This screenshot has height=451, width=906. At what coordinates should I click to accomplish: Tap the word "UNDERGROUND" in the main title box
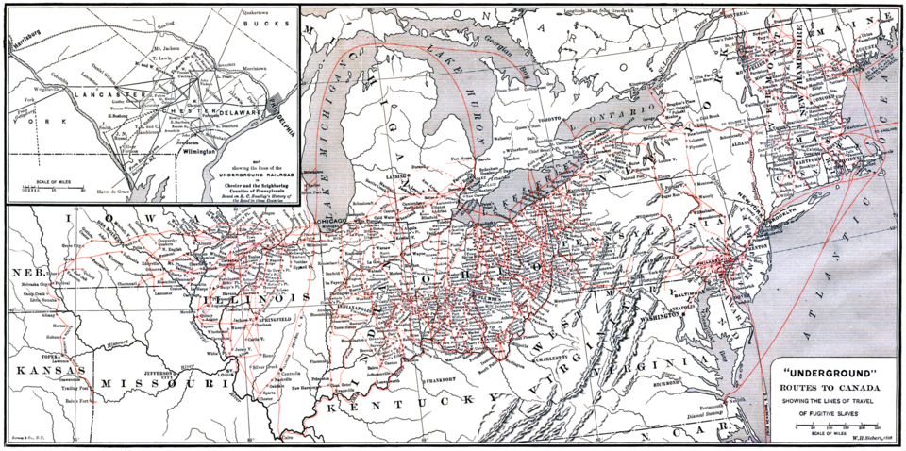coord(826,372)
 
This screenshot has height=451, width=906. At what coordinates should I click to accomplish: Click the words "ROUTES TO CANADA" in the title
coord(827,386)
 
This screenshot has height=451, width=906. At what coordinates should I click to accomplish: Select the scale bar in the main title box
coord(827,426)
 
